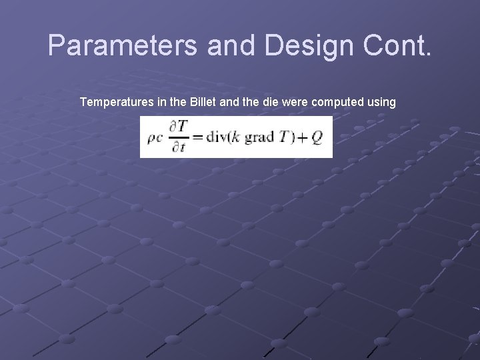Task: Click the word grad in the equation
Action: point(257,139)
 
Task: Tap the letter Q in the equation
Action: point(317,137)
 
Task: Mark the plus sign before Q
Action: point(301,138)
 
